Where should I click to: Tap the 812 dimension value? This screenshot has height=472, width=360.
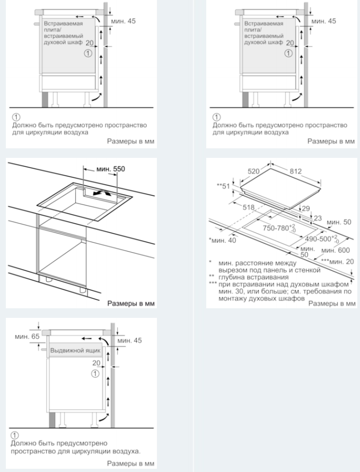[x=295, y=171]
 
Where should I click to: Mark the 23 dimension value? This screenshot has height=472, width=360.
[x=317, y=218]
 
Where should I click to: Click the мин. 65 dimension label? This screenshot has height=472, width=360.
[x=24, y=336]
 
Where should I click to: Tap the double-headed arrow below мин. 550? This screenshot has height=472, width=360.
[x=102, y=194]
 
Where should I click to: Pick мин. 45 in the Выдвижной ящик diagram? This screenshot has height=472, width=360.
[x=129, y=340]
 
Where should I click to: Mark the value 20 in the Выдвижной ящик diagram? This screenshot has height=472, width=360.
[x=95, y=363]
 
